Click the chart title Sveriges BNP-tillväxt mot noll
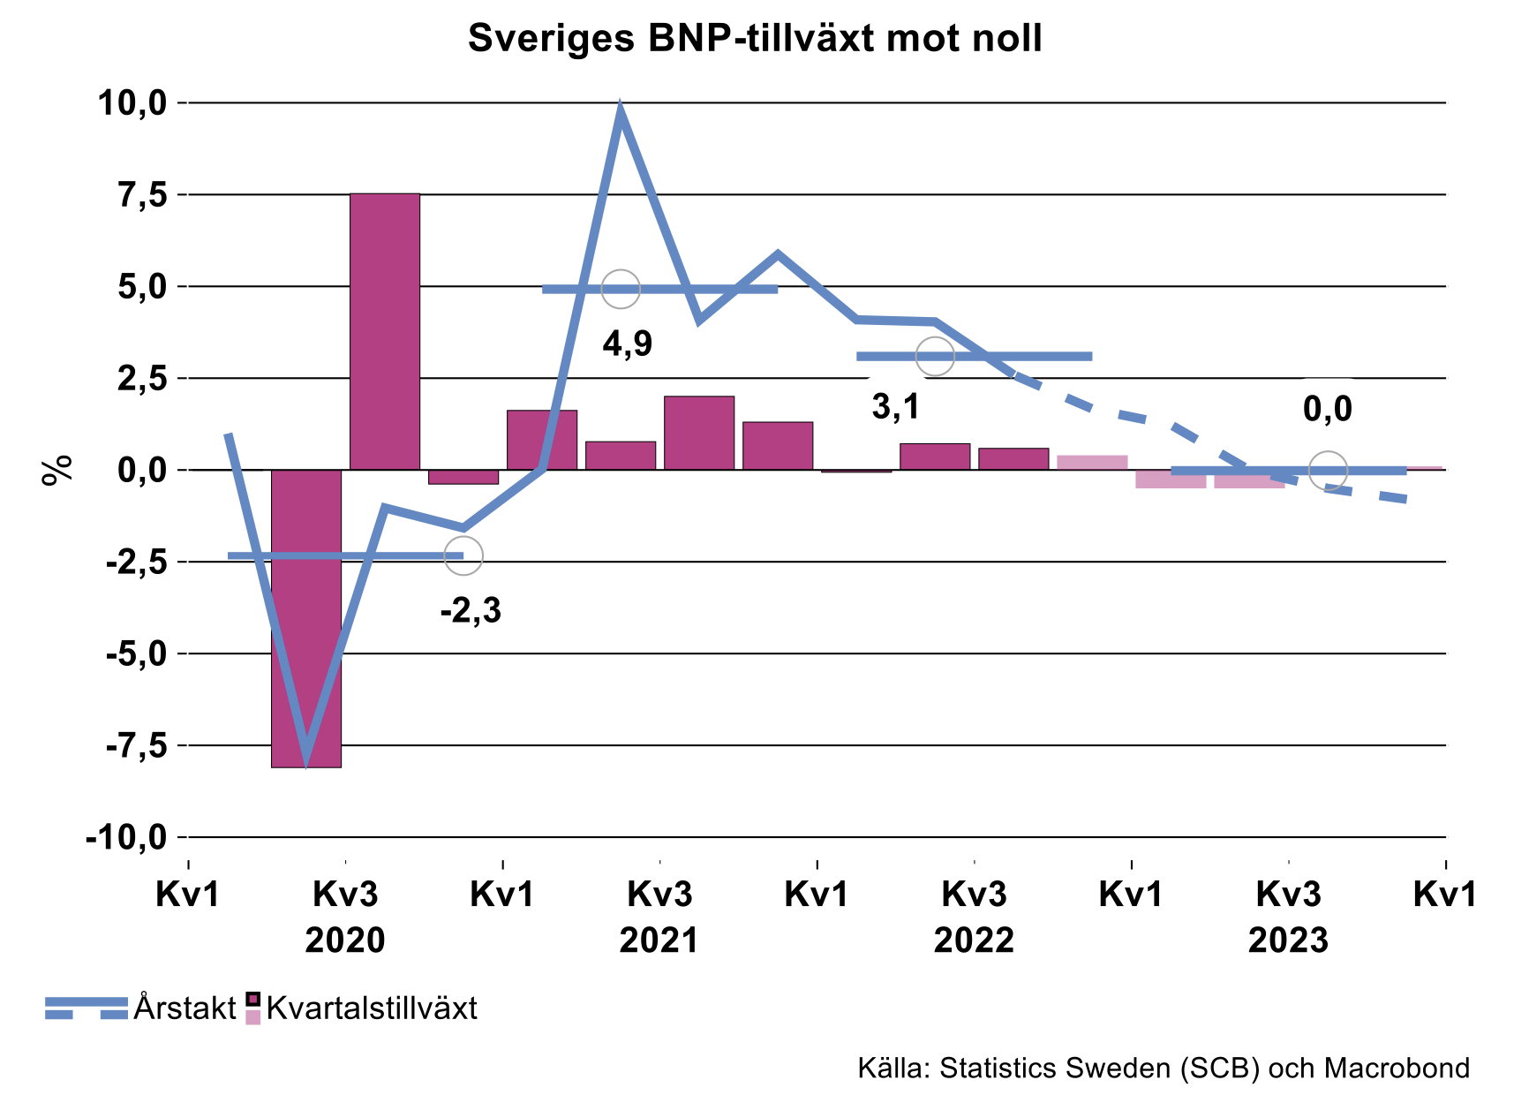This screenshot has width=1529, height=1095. point(755,39)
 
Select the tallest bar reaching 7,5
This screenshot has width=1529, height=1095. point(385,331)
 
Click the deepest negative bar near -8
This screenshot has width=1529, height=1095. point(305,618)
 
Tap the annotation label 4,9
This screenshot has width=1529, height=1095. point(628,344)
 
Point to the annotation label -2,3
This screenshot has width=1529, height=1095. point(471,610)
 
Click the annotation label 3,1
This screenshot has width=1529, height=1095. point(896,407)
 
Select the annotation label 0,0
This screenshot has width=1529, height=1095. point(1328,409)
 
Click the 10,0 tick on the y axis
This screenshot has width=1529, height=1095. point(132,103)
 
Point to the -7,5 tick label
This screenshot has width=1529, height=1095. point(136,746)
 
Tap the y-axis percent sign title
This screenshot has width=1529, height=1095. point(56,470)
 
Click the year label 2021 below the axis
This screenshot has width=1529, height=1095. point(659,940)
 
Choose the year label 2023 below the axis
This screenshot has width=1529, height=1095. point(1288,940)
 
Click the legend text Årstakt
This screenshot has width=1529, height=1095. point(185,1008)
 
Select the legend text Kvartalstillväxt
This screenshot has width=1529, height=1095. point(372,1008)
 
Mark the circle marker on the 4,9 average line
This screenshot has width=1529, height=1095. point(621,289)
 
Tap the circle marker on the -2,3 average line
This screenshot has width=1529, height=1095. point(463,555)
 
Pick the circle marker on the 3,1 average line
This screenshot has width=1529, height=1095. point(935,356)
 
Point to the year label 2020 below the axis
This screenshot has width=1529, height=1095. point(345,940)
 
